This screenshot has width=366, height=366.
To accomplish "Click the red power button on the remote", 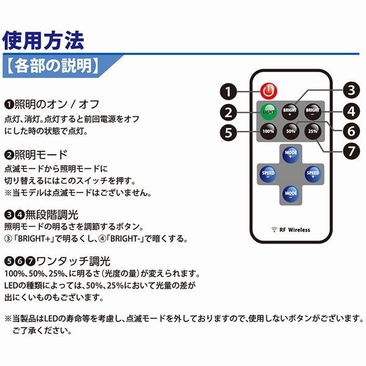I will pos(268,91).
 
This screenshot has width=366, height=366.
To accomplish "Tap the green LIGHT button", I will pos(268,112).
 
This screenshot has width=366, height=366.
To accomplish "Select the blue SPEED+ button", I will pos(312,173).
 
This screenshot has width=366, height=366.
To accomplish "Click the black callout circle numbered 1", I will pos(228,93).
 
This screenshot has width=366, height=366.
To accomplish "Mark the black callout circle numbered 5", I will pos(229,131).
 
